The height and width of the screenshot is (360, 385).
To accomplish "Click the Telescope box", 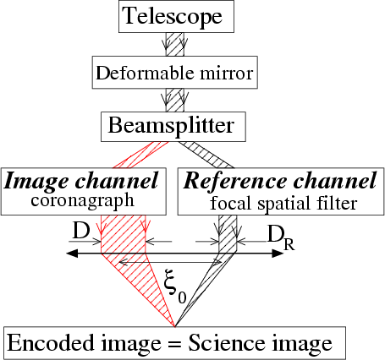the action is click(x=176, y=16).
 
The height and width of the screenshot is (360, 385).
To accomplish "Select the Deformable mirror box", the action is click(x=175, y=73).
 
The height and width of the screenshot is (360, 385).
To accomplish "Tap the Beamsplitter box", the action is click(x=173, y=127).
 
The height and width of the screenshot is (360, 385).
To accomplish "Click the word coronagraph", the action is click(x=82, y=201).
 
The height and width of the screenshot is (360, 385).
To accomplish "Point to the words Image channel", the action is click(x=81, y=181).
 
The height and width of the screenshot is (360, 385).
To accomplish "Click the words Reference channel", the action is click(x=280, y=181).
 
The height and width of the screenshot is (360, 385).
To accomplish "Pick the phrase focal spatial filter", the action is click(x=283, y=203).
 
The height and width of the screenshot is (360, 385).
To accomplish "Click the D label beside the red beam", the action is click(x=81, y=231).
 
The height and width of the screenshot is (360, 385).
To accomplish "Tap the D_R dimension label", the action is click(x=281, y=237).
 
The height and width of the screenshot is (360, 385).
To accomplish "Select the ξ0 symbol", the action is click(x=175, y=286).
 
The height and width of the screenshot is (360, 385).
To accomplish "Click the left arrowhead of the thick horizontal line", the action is click(x=72, y=254).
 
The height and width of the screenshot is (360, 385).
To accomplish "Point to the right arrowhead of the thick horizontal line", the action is click(x=278, y=254).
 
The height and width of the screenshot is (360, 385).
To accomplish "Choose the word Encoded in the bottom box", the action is click(x=51, y=343).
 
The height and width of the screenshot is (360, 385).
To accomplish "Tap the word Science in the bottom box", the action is click(x=227, y=343).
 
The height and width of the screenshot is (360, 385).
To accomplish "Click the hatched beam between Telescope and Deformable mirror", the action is click(x=175, y=44).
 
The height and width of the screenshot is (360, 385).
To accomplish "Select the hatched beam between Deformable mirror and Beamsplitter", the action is click(x=175, y=101).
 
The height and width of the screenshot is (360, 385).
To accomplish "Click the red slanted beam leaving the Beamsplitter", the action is click(x=140, y=155).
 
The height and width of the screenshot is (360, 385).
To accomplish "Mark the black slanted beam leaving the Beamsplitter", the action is click(x=206, y=155).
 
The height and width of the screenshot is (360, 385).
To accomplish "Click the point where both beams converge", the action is click(x=175, y=327).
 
